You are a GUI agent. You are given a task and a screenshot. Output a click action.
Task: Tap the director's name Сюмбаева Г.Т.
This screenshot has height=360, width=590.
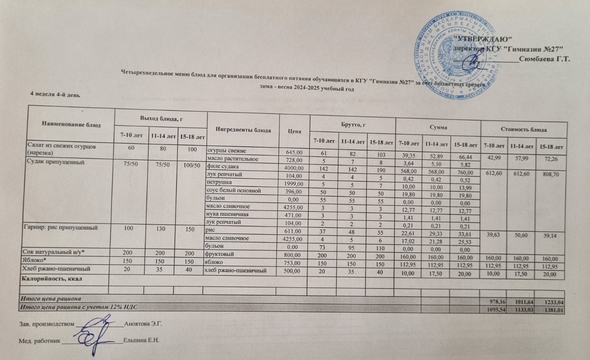point(544,59)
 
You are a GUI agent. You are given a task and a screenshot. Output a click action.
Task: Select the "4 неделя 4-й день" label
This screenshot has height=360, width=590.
point(54,94)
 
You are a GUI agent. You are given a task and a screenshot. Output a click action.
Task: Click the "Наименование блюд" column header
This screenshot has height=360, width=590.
point(71,124)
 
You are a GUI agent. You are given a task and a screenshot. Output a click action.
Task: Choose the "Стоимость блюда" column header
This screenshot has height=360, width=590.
point(524,129)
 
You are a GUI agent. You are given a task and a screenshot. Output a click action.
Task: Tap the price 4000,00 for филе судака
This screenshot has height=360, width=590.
point(293,167)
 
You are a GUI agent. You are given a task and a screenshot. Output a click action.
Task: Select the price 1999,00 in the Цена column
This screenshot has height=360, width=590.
point(293,183)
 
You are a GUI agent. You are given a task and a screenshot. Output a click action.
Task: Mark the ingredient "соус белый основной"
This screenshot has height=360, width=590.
point(232,191)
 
